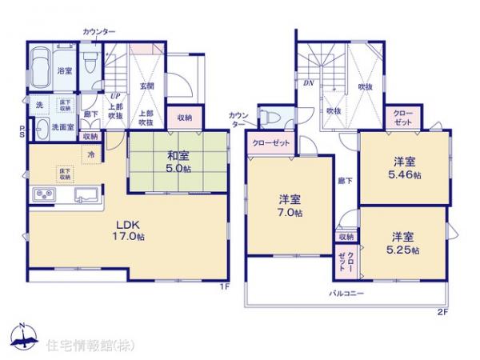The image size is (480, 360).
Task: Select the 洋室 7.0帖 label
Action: (290, 206)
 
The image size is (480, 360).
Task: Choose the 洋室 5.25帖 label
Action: (402, 242)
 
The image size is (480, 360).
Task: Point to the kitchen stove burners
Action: (42, 195)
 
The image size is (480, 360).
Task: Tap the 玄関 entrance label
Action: (148, 86)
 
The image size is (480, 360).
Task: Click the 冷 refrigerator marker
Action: (91, 153)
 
